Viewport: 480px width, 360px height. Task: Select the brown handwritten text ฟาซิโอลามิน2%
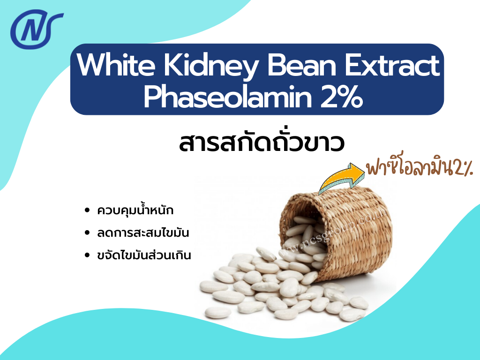click(420, 168)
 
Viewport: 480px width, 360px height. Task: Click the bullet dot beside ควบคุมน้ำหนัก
click(87, 211)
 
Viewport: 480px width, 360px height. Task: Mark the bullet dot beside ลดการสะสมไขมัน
click(87, 233)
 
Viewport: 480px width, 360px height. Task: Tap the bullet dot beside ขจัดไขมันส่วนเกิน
click(87, 256)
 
